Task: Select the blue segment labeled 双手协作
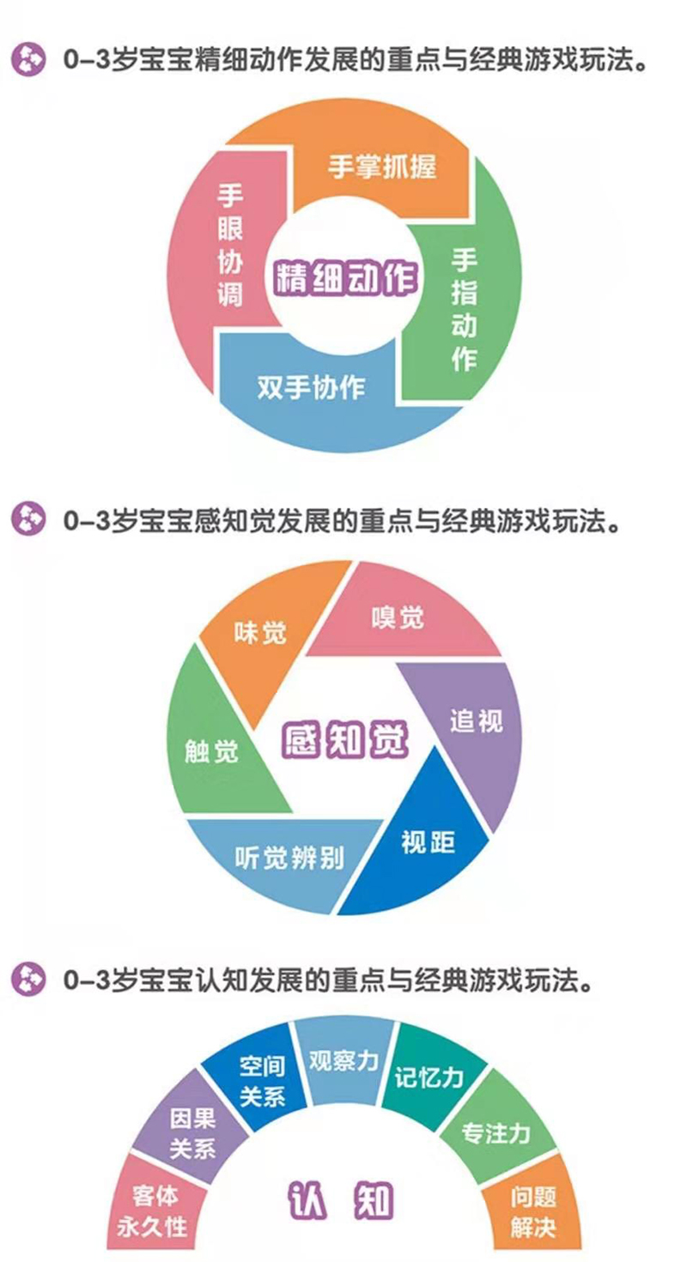[311, 389]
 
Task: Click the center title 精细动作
[345, 278]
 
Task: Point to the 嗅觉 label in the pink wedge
[398, 618]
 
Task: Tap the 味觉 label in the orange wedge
[260, 633]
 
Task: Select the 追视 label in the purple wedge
[477, 720]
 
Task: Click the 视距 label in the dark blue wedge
[429, 843]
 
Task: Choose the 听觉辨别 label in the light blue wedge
[289, 858]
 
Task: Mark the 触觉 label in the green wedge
[212, 751]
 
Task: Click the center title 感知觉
[344, 740]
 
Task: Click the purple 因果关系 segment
[192, 1133]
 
